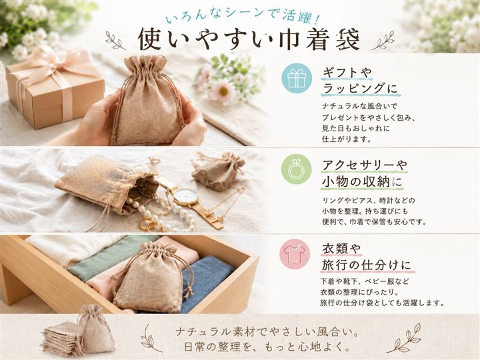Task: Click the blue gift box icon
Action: [x=296, y=78]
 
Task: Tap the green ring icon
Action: [x=296, y=169]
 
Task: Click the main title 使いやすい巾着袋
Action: [x=249, y=39]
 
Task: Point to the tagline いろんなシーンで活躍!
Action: [x=243, y=16]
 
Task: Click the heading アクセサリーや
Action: [x=364, y=165]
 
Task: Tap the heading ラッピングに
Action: [x=360, y=89]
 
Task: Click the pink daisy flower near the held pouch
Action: [x=222, y=91]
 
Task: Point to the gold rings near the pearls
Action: [x=148, y=224]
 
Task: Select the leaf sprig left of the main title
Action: [x=116, y=40]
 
